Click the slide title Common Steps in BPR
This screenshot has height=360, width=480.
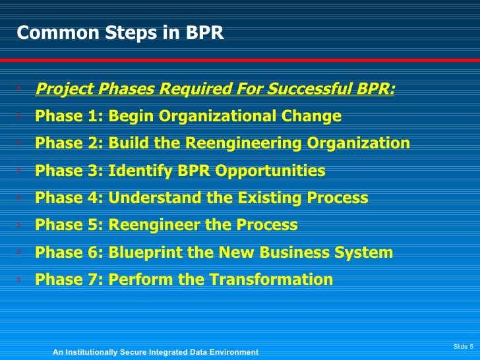pos(120,34)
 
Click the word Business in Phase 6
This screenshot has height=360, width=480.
pos(302,253)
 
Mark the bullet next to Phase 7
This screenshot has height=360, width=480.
pos(20,280)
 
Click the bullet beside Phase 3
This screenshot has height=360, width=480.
pos(20,171)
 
